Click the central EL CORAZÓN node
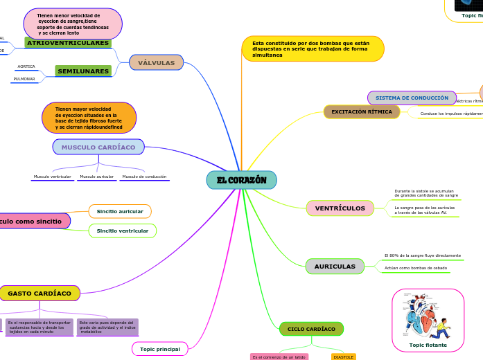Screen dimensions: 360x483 [x=241, y=180]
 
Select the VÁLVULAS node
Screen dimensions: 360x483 [x=156, y=62]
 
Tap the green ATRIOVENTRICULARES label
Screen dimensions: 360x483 [x=68, y=43]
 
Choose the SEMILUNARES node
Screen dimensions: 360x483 [x=83, y=71]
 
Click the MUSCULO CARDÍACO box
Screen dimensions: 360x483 [x=98, y=147]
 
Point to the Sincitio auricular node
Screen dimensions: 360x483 [x=120, y=211]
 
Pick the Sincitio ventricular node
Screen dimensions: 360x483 [x=123, y=231]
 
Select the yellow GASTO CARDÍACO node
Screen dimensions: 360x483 [x=39, y=294]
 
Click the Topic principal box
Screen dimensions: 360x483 [x=160, y=349]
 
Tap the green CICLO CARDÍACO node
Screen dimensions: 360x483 [x=311, y=329]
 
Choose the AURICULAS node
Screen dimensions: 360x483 [x=335, y=267]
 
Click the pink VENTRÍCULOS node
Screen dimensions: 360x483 [x=340, y=208]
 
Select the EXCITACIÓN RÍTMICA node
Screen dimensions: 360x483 [x=362, y=111]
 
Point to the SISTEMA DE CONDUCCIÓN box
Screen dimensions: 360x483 [x=412, y=98]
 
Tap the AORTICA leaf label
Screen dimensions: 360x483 [x=26, y=66]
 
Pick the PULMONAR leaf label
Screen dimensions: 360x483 [x=24, y=79]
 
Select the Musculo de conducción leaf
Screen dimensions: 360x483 [x=144, y=177]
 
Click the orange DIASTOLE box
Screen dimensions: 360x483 [x=343, y=357]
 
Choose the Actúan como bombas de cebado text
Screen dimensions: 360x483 [x=416, y=268]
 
